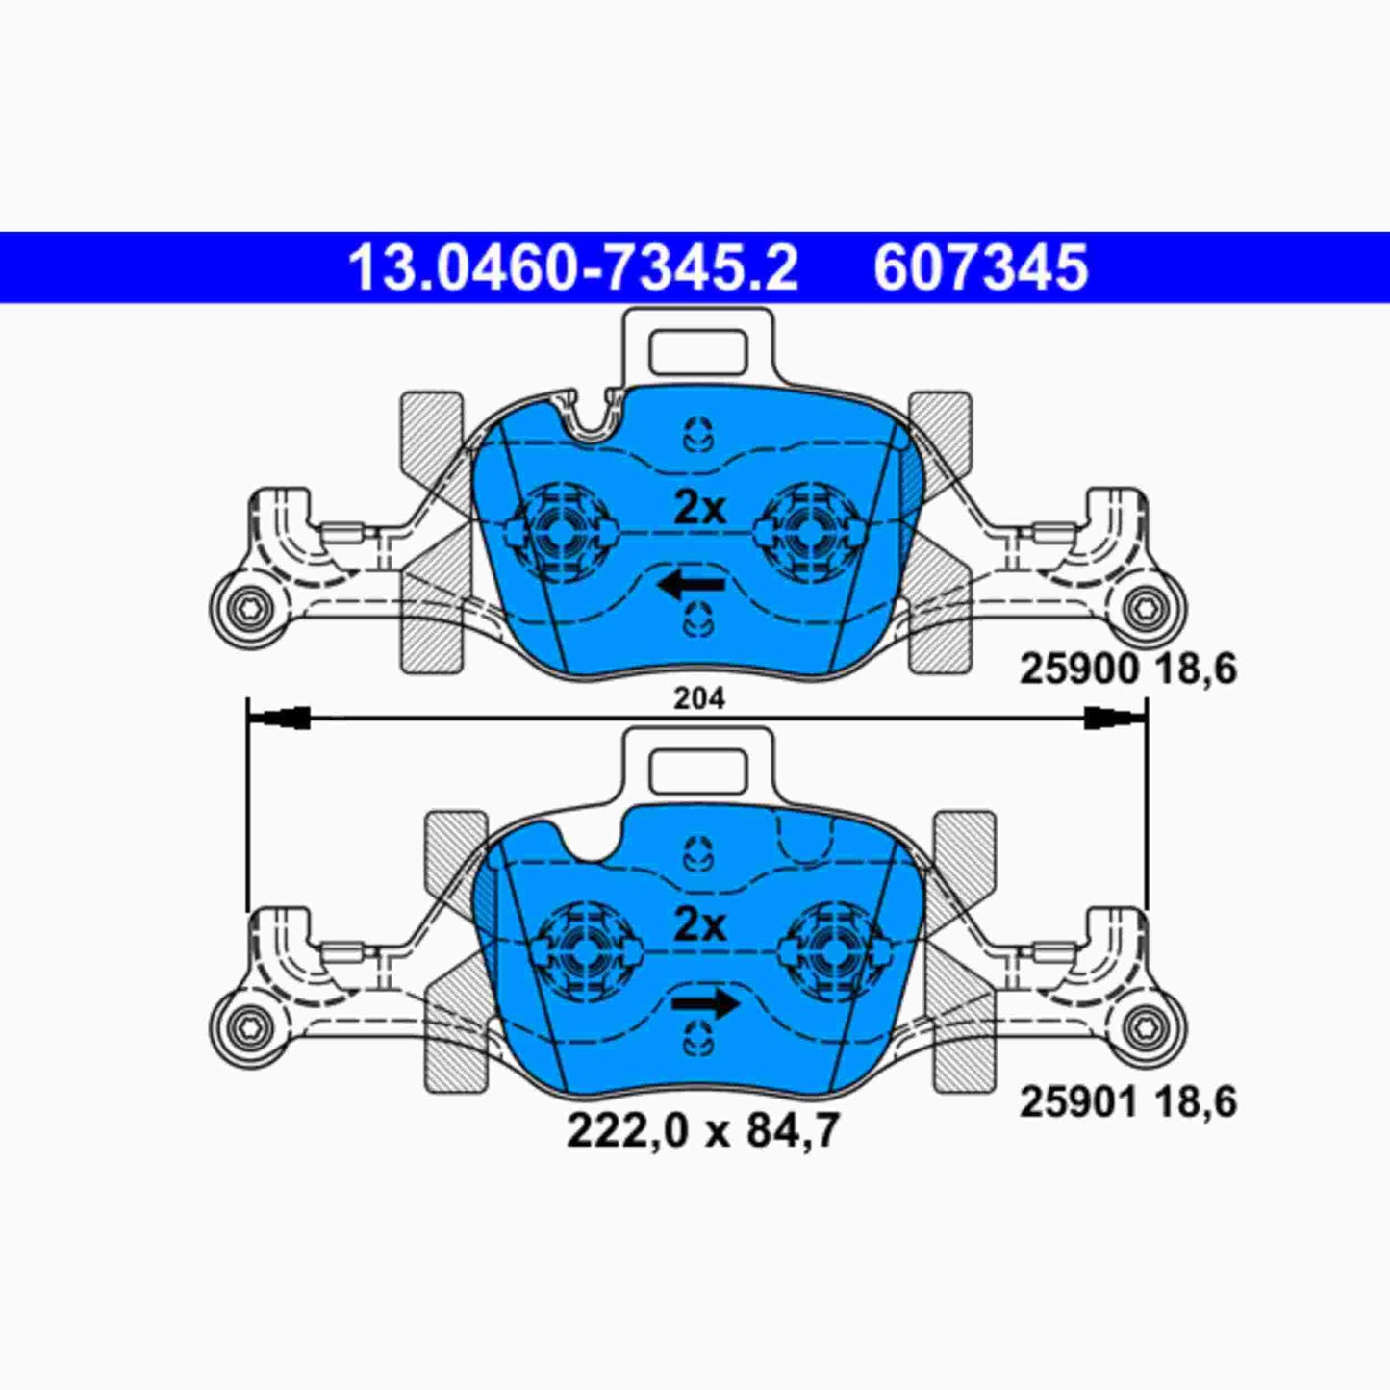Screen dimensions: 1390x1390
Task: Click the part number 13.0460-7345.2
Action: pyautogui.click(x=572, y=268)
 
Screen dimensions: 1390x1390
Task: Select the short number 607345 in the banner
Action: pyautogui.click(x=980, y=268)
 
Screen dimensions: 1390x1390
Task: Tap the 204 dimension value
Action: pyautogui.click(x=698, y=698)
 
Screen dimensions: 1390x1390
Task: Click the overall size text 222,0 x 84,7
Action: pyautogui.click(x=702, y=1130)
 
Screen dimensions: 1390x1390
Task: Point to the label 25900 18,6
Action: pyautogui.click(x=1127, y=669)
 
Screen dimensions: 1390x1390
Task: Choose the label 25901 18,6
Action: pyautogui.click(x=1127, y=1101)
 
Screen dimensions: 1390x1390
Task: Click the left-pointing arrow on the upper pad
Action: pyautogui.click(x=691, y=584)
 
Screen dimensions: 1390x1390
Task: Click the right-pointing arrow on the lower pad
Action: pyautogui.click(x=705, y=1005)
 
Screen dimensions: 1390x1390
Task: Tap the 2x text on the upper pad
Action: pyautogui.click(x=699, y=507)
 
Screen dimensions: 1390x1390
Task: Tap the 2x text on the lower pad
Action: pyautogui.click(x=699, y=925)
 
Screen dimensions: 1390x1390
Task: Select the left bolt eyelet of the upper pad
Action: pyautogui.click(x=245, y=608)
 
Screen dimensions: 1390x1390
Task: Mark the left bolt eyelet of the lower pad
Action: pyautogui.click(x=245, y=1027)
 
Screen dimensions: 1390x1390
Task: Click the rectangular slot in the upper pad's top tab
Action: pyautogui.click(x=698, y=352)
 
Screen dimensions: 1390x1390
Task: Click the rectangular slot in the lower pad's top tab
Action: pyautogui.click(x=698, y=771)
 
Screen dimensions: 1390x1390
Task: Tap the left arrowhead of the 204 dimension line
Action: pyautogui.click(x=280, y=717)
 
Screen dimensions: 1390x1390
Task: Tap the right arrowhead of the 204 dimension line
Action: pyautogui.click(x=1115, y=717)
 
